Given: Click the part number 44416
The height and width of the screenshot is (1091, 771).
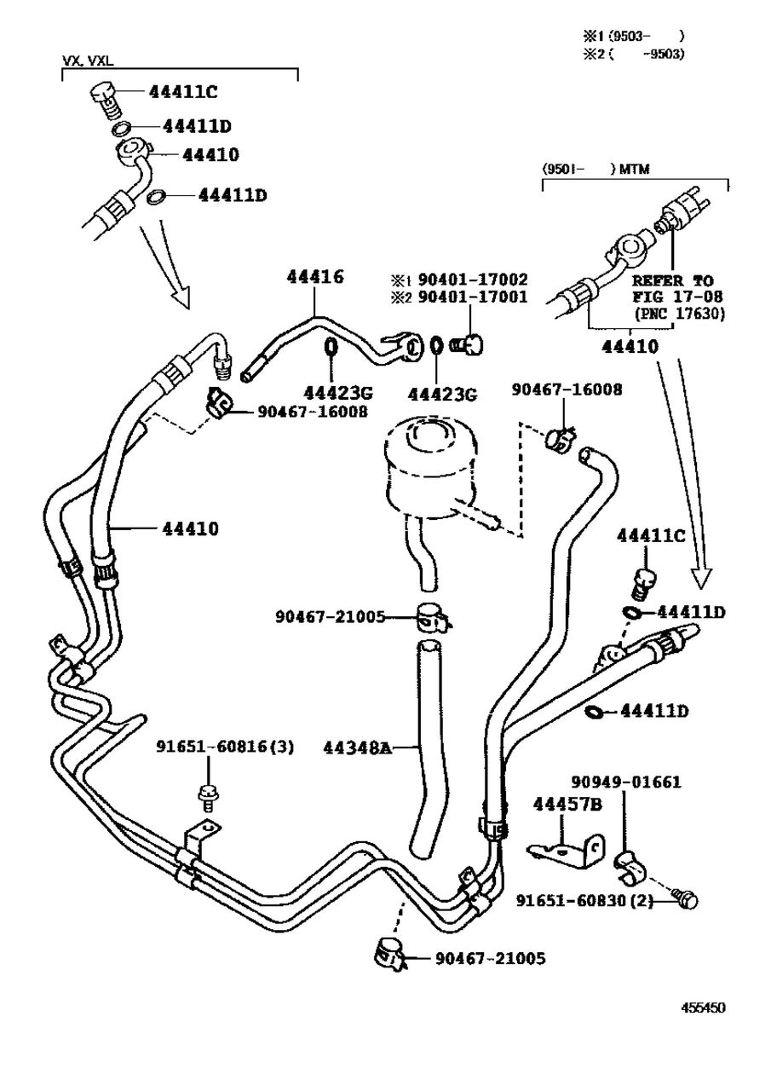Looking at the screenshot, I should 316,276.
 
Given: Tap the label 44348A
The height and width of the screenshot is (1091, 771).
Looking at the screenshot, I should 357,748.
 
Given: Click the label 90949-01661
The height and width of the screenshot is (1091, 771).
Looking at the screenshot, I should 625,781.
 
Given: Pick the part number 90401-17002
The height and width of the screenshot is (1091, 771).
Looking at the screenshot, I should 472,280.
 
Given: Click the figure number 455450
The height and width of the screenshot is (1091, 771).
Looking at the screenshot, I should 702,1007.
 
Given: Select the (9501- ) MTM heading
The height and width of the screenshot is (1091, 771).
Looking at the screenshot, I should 596,170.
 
